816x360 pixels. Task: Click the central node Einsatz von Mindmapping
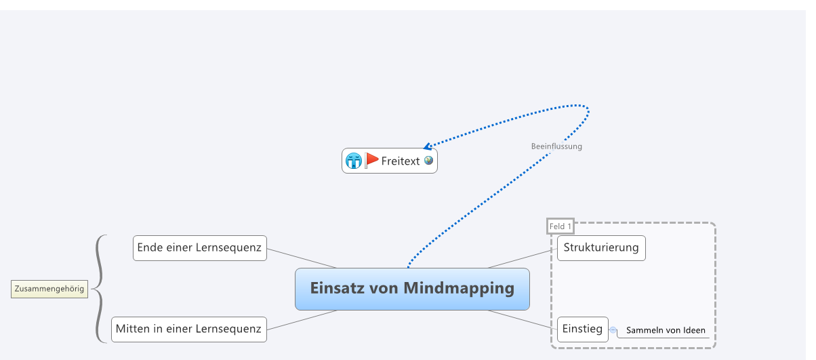(x=412, y=289)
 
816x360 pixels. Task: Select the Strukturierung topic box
(x=600, y=247)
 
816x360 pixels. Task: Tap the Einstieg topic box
(x=582, y=329)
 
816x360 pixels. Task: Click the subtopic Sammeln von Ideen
(x=666, y=330)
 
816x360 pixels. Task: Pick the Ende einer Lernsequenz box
(x=199, y=247)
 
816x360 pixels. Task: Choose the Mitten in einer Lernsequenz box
(x=188, y=329)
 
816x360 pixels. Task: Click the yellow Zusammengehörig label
(x=49, y=289)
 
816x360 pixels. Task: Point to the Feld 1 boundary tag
(x=560, y=226)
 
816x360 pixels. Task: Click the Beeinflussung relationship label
(x=556, y=146)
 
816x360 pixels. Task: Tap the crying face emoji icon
(x=353, y=161)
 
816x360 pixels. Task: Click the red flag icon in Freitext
(x=371, y=160)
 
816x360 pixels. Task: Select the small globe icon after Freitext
(x=428, y=161)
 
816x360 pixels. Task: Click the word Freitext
(x=401, y=161)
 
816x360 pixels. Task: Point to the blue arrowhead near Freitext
(x=427, y=146)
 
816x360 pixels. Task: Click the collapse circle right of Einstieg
(x=613, y=330)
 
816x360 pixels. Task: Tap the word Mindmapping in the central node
(x=459, y=287)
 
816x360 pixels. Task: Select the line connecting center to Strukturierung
(x=522, y=258)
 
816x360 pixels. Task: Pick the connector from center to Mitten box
(x=302, y=320)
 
